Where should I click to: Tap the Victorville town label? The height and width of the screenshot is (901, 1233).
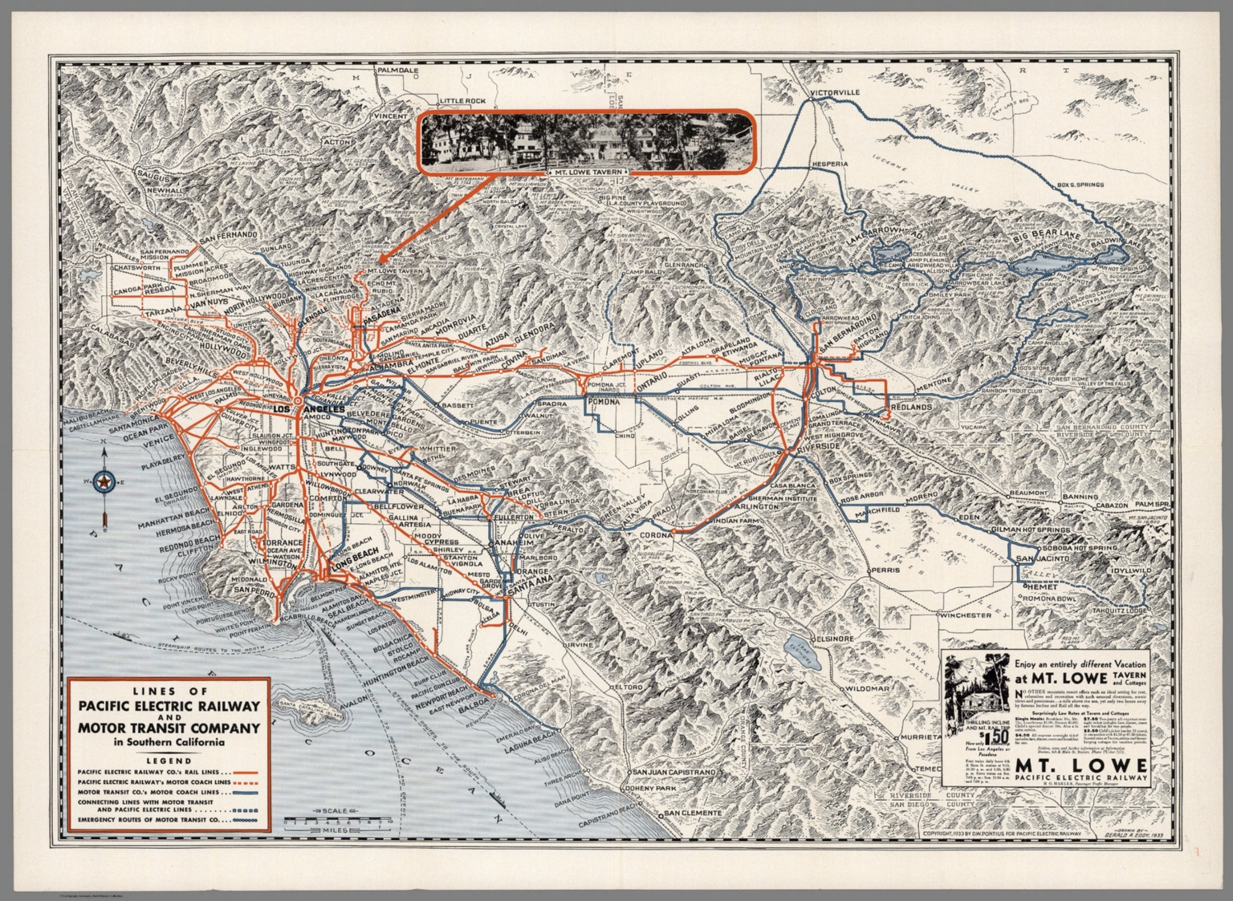[x=835, y=93]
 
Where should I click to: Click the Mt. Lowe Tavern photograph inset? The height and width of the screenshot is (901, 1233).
[x=586, y=140]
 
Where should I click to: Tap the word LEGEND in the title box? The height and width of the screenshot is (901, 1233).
[x=169, y=761]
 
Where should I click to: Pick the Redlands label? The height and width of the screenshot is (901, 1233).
[x=908, y=407]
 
